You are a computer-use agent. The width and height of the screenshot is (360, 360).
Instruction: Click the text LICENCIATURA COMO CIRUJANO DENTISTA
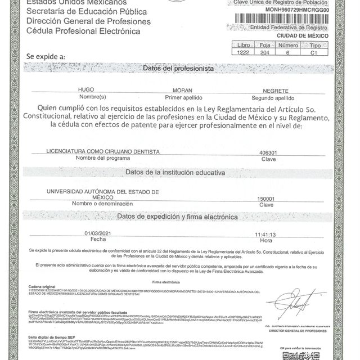102,152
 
